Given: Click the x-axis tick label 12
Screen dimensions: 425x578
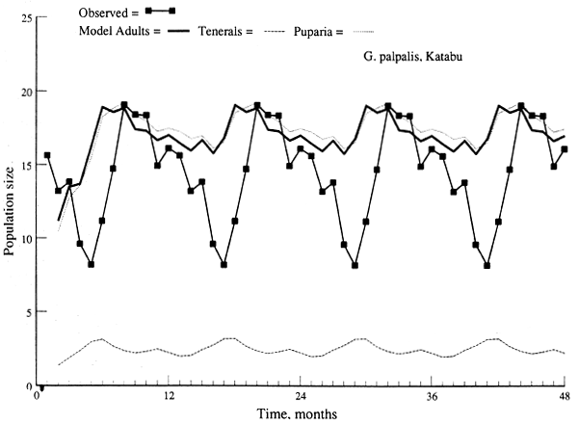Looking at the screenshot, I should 170,395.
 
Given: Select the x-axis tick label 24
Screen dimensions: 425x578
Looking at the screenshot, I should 301,395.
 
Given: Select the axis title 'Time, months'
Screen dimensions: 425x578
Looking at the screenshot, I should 300,412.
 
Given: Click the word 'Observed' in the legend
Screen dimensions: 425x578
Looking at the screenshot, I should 100,11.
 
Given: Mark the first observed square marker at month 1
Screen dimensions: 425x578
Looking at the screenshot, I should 47,155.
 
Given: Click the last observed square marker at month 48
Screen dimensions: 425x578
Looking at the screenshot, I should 565,149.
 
